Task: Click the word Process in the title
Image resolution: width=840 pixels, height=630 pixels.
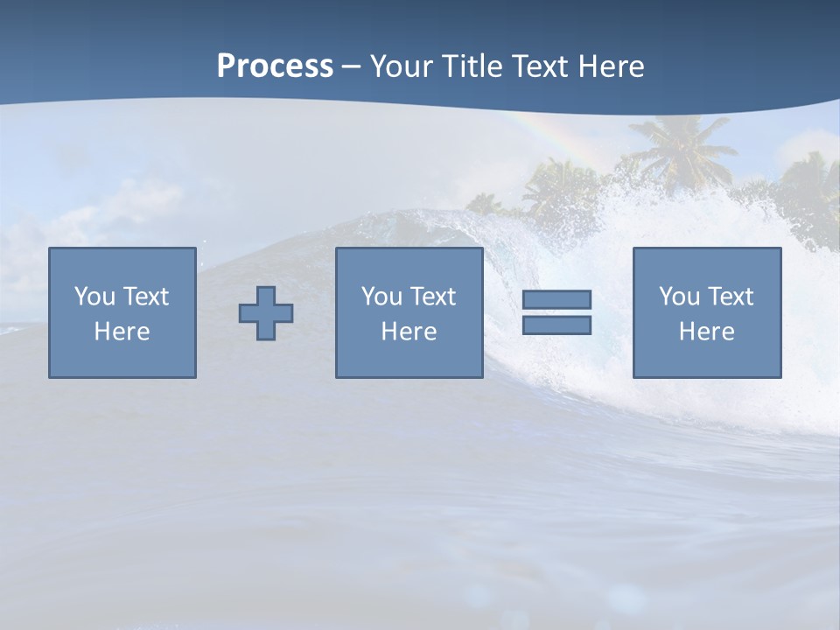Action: click(275, 66)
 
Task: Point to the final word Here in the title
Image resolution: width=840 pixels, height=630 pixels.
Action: click(611, 66)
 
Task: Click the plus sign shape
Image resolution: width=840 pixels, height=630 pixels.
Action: click(266, 313)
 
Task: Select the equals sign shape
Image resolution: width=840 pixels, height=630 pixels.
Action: click(556, 312)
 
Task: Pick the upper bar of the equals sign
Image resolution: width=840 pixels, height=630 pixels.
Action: click(556, 299)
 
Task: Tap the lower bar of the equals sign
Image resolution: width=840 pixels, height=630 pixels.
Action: click(556, 325)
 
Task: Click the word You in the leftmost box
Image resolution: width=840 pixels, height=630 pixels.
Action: click(94, 297)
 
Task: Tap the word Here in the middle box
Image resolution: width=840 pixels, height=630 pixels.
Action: click(409, 332)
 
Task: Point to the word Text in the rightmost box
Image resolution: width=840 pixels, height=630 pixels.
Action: click(730, 297)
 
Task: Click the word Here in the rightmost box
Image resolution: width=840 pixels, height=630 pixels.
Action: click(707, 332)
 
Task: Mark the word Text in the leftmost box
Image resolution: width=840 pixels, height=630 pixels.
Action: click(145, 297)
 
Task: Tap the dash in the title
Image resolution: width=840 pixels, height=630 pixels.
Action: click(352, 67)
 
